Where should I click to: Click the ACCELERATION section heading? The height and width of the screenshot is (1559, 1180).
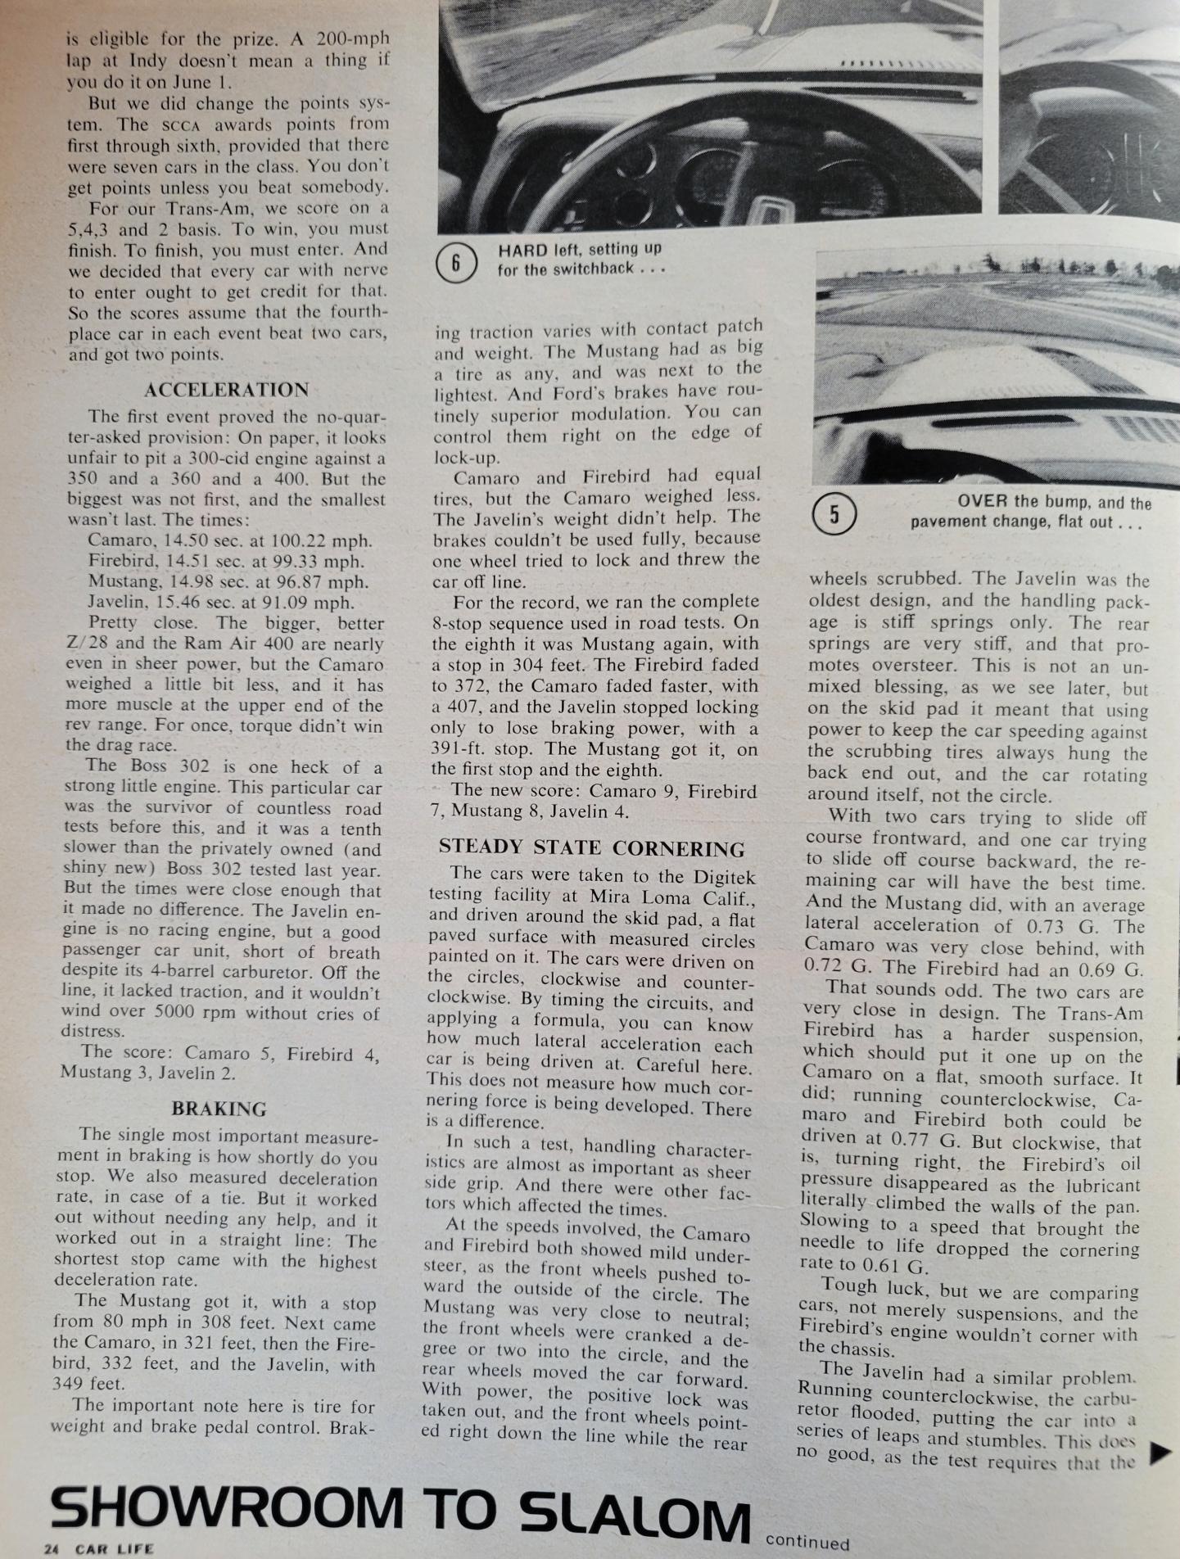coord(227,390)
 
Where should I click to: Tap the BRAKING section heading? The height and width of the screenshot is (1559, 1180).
coord(219,1109)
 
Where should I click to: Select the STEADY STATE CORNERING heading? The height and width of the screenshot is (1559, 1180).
coord(591,848)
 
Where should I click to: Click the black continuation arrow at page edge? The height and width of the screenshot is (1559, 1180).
coord(1160,1453)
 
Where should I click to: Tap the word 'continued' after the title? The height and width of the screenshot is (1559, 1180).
coord(807,1543)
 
